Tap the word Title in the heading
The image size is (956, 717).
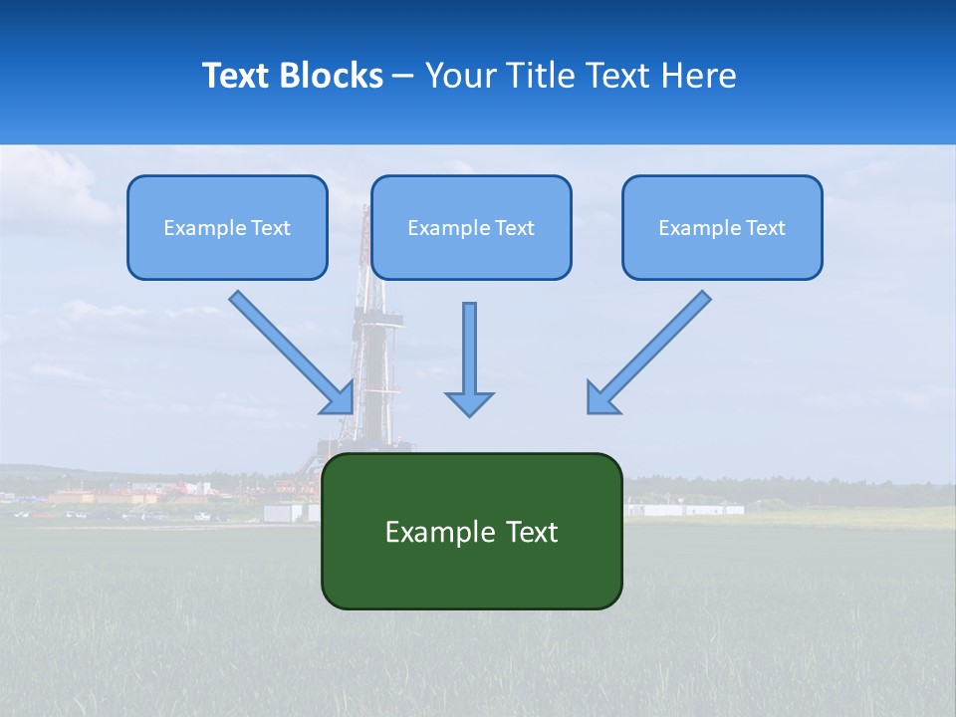point(543,76)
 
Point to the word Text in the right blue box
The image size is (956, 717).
point(765,228)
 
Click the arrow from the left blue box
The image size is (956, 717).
point(289,350)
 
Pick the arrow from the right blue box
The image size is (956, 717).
point(652,349)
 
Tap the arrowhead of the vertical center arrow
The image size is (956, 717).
point(469,403)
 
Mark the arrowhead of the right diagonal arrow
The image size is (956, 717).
point(600,399)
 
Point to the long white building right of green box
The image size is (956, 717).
point(687,509)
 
